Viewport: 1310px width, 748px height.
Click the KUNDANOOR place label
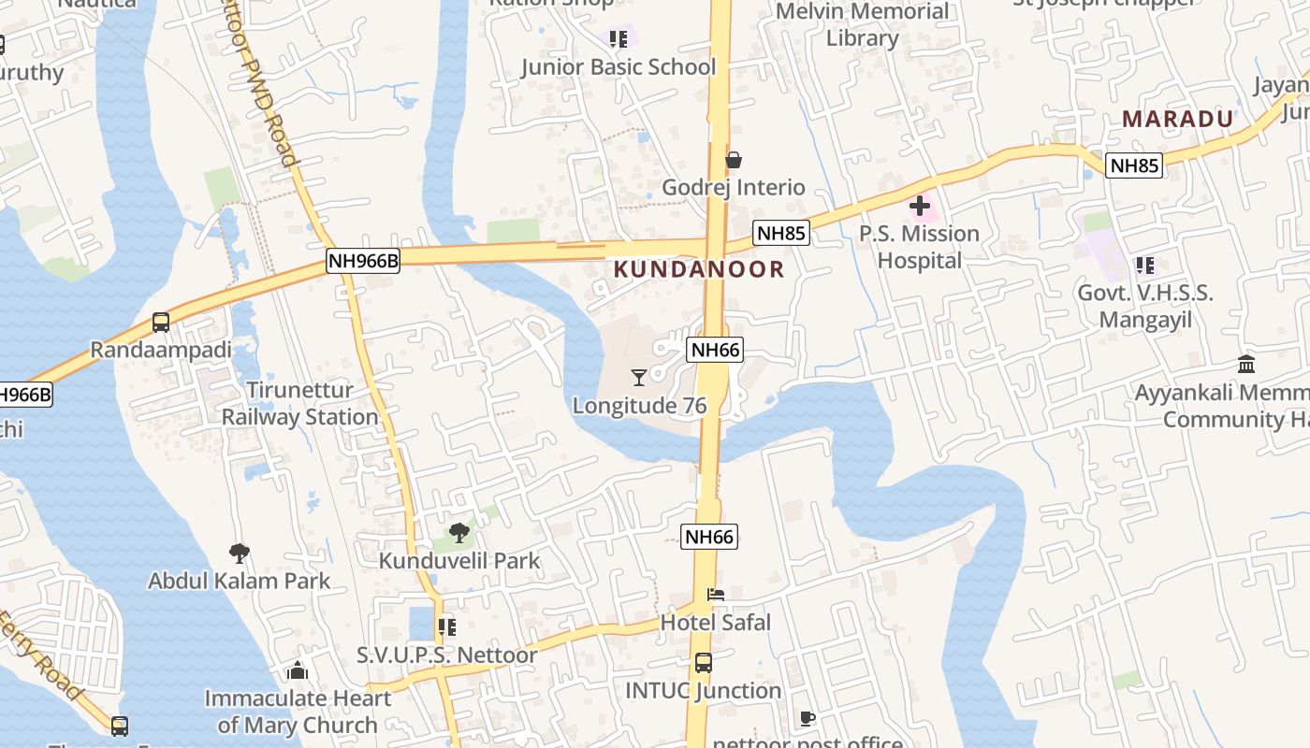click(x=699, y=269)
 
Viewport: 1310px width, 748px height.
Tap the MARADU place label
click(x=1178, y=120)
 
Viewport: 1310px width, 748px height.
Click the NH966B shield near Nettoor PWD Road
click(x=363, y=261)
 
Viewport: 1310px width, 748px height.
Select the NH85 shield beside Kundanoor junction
click(x=781, y=234)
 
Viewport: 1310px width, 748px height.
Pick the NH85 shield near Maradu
click(x=1134, y=166)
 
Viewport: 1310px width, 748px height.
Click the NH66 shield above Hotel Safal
click(x=709, y=537)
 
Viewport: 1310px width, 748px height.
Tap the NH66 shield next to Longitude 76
click(x=715, y=351)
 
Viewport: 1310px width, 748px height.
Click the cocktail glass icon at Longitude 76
click(x=639, y=377)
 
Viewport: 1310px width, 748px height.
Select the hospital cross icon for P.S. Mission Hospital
click(x=920, y=205)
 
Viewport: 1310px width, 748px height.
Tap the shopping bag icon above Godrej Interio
click(x=734, y=160)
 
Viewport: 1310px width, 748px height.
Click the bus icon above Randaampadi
click(x=161, y=323)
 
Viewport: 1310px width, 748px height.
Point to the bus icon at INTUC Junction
click(x=704, y=663)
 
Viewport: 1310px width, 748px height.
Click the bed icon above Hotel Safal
click(x=716, y=594)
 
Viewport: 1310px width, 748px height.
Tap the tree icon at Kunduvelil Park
click(x=458, y=533)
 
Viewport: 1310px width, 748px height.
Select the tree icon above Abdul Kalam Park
click(x=240, y=553)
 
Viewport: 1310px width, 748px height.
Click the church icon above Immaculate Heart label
click(x=298, y=670)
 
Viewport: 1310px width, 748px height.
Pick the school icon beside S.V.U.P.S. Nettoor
click(x=447, y=626)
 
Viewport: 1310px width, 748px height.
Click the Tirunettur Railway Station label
click(x=299, y=403)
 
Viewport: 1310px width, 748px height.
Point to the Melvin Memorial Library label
click(x=863, y=25)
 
